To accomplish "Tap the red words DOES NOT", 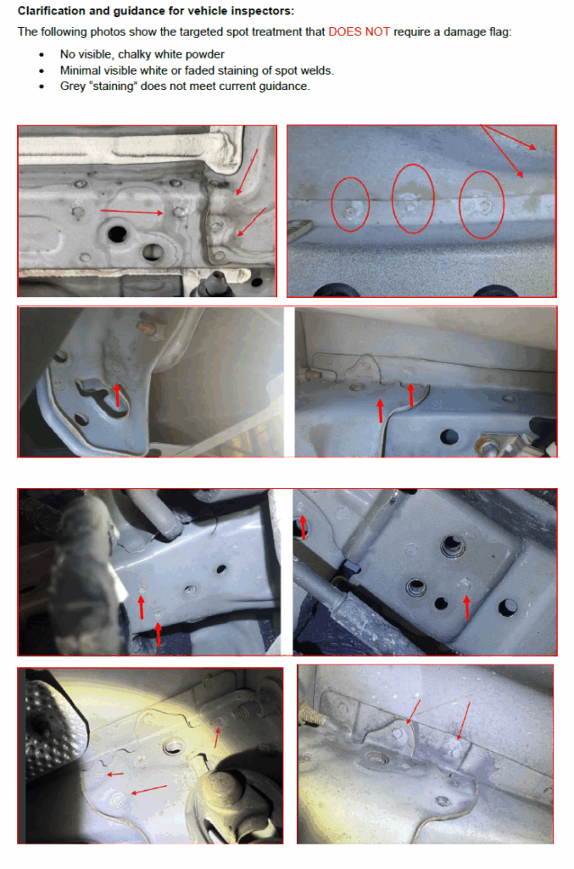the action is pos(359,31).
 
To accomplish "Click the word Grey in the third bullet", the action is pos(72,87).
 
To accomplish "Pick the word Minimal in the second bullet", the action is pos(78,70).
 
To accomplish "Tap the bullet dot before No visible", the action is pos(42,55).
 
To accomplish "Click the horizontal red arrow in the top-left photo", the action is pos(131,211).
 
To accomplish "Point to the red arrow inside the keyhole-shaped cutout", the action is pos(117,395).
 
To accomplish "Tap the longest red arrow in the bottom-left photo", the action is pos(148,789).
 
